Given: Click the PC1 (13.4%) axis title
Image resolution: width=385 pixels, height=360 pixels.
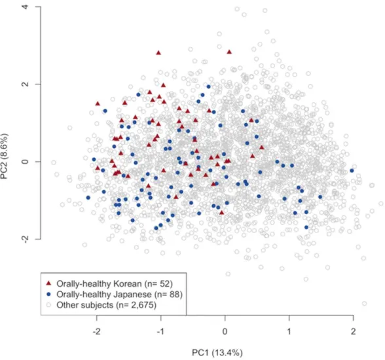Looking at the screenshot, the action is pos(217,353).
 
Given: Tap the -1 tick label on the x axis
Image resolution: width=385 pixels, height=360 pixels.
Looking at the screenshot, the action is pos(161,332).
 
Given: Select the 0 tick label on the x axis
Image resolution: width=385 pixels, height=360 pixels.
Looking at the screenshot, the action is pos(225,332).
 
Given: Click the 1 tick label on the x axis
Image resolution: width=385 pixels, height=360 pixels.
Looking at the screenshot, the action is pos(289,332).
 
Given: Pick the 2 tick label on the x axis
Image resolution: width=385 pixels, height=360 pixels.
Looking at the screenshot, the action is pos(353,332).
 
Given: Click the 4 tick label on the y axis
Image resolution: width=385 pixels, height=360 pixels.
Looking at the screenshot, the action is pos(26,7).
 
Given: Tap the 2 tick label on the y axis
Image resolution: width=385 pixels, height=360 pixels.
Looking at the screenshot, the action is pos(26,84).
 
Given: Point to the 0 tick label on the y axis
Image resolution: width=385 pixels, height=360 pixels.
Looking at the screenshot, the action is pos(26,162).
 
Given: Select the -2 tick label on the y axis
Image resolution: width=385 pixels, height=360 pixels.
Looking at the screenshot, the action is pos(26,239).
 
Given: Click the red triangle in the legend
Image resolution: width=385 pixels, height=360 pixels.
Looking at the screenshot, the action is pos(48,283).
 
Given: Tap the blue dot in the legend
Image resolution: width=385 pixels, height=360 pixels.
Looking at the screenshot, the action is pos(48,294).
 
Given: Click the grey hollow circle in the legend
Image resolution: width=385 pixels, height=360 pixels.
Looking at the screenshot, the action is pos(48,305).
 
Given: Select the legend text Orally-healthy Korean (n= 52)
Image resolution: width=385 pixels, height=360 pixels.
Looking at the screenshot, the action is pos(115,283).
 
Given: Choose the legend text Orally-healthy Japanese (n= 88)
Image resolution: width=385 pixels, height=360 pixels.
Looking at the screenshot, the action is pos(120,295).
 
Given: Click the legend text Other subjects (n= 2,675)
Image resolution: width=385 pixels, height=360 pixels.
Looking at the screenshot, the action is pos(106,305).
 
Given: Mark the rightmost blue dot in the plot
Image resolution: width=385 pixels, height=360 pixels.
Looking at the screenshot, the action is pos(352,171).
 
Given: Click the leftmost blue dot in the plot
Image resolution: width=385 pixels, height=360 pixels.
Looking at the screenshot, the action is pos(88,198).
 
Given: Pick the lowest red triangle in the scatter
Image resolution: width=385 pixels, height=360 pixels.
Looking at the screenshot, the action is pos(222,213).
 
